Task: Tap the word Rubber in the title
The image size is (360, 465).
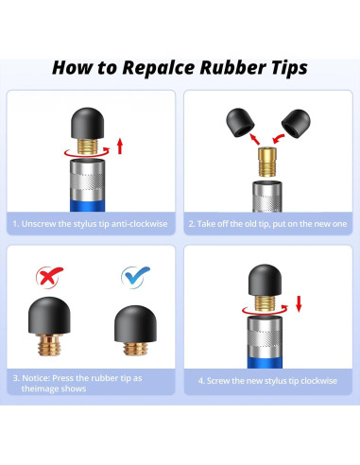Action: point(232,67)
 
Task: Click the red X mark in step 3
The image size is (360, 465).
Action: point(49,277)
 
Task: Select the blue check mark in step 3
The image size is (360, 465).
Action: point(135,277)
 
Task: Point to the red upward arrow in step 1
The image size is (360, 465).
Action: point(120,146)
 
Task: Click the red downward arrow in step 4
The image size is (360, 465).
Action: point(299,303)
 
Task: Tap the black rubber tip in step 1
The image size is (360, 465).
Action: point(88,123)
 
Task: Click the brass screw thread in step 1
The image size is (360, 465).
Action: point(88,146)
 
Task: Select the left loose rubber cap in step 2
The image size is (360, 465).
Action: point(240,122)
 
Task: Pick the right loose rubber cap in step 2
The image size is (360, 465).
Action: point(296,124)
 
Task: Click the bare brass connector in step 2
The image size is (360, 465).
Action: point(267,162)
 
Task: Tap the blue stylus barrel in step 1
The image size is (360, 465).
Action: point(88,205)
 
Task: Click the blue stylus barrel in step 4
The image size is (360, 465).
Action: point(265,362)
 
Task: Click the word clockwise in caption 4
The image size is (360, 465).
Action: point(318,381)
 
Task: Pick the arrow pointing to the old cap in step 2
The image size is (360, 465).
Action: point(255,139)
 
